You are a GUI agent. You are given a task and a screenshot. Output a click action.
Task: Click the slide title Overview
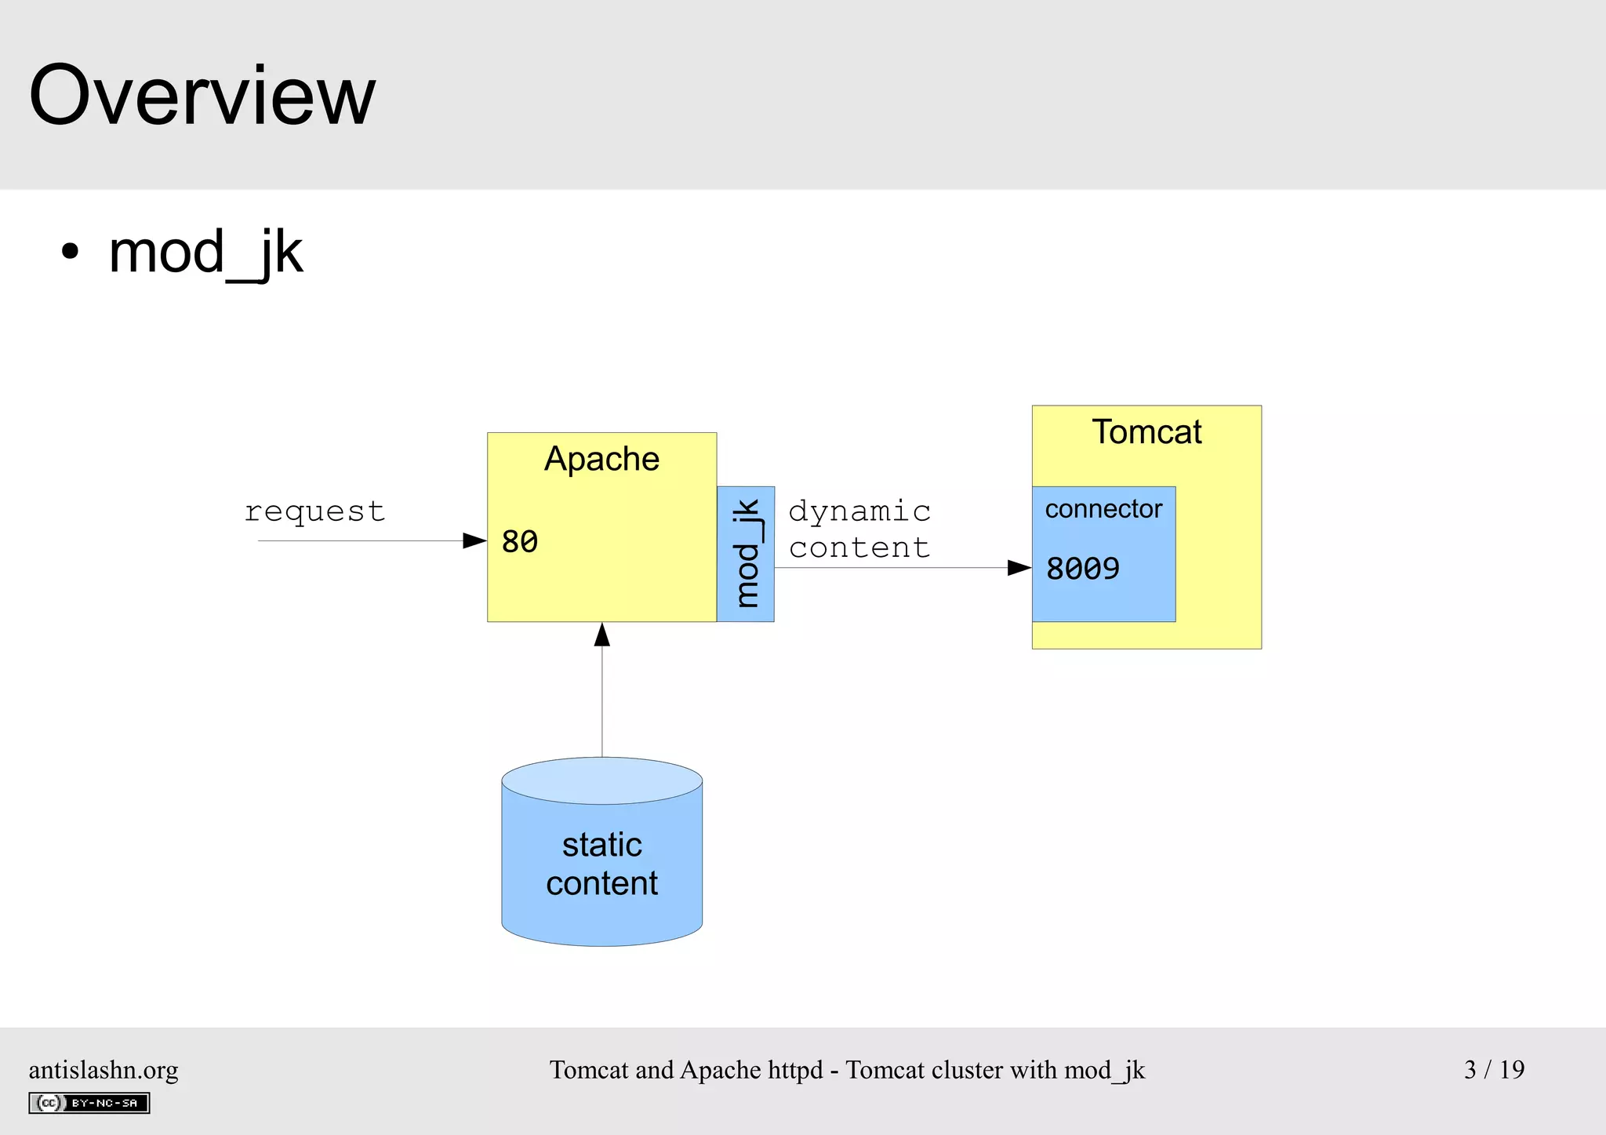tap(202, 96)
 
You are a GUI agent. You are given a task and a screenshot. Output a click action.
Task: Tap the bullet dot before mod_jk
tap(71, 253)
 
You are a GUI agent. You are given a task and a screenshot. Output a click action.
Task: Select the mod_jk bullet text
tap(205, 253)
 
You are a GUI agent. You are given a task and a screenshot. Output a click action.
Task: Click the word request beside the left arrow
tap(314, 511)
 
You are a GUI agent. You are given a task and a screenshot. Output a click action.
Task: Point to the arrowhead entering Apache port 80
tap(474, 540)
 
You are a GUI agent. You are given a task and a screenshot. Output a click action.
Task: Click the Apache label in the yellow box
tap(601, 459)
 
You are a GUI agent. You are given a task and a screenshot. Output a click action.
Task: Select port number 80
tap(520, 542)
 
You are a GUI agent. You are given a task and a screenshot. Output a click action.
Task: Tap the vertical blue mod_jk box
tap(746, 554)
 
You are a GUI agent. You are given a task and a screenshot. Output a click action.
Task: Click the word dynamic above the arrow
tap(859, 511)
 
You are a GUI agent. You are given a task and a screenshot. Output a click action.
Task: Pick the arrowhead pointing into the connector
tap(1019, 568)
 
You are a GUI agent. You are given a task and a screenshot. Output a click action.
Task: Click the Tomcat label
tap(1146, 432)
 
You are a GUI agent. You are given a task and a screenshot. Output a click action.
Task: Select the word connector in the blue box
tap(1103, 509)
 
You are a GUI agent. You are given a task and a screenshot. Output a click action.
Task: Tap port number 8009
tap(1083, 569)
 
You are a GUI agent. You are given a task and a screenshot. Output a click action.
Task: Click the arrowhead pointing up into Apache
tap(602, 635)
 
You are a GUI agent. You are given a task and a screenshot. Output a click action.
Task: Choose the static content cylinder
tap(602, 863)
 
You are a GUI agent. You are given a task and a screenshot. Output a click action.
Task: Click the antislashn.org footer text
tap(104, 1070)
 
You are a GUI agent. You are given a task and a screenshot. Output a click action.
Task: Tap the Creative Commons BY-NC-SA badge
tap(89, 1103)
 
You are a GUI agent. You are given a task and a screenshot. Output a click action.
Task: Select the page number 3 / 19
tap(1494, 1069)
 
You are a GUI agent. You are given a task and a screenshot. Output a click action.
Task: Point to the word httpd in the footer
tap(795, 1070)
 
